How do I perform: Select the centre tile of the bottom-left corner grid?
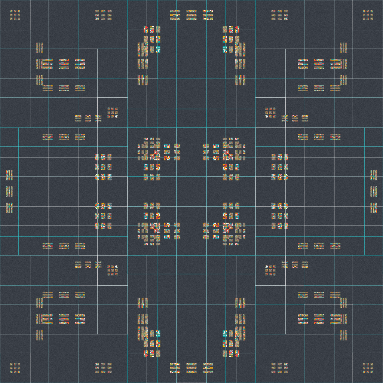coord(15,368)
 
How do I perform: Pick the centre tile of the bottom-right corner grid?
coord(368,368)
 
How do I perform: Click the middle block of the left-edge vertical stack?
coord(9,191)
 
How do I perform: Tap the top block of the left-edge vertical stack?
coord(9,175)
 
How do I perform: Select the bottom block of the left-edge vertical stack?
coord(9,208)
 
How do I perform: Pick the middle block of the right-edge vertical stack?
coord(373,191)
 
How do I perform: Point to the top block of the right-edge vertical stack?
coord(373,175)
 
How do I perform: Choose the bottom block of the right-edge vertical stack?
coord(373,208)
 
